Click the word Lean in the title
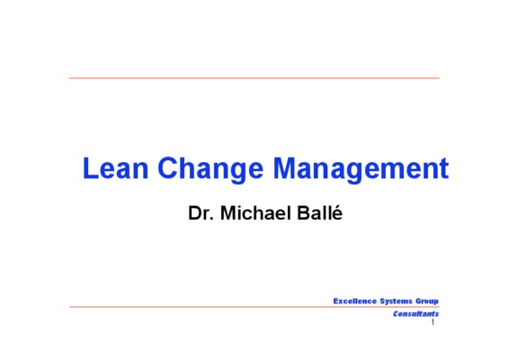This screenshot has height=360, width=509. coord(116,168)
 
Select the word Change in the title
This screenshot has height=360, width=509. coord(210,170)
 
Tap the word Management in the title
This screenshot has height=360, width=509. coord(361,170)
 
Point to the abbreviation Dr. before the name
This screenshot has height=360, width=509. coord(201,213)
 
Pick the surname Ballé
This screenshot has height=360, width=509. coord(320,213)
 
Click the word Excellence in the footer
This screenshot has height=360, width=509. coord(355,301)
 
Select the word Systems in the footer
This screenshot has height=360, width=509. coord(396,301)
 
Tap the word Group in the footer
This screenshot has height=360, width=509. coord(427,301)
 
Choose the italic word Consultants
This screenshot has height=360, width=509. coord(415,314)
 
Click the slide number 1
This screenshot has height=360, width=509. coord(433,322)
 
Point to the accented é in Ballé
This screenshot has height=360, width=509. coord(338,213)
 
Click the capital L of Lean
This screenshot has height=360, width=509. coord(90,168)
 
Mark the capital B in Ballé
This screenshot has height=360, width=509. coord(303,213)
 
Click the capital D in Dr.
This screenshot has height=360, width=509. coord(195,213)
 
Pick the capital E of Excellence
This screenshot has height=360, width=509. coord(336,301)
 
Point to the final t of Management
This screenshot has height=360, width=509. coord(444,169)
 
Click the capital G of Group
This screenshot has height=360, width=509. coord(419,301)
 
